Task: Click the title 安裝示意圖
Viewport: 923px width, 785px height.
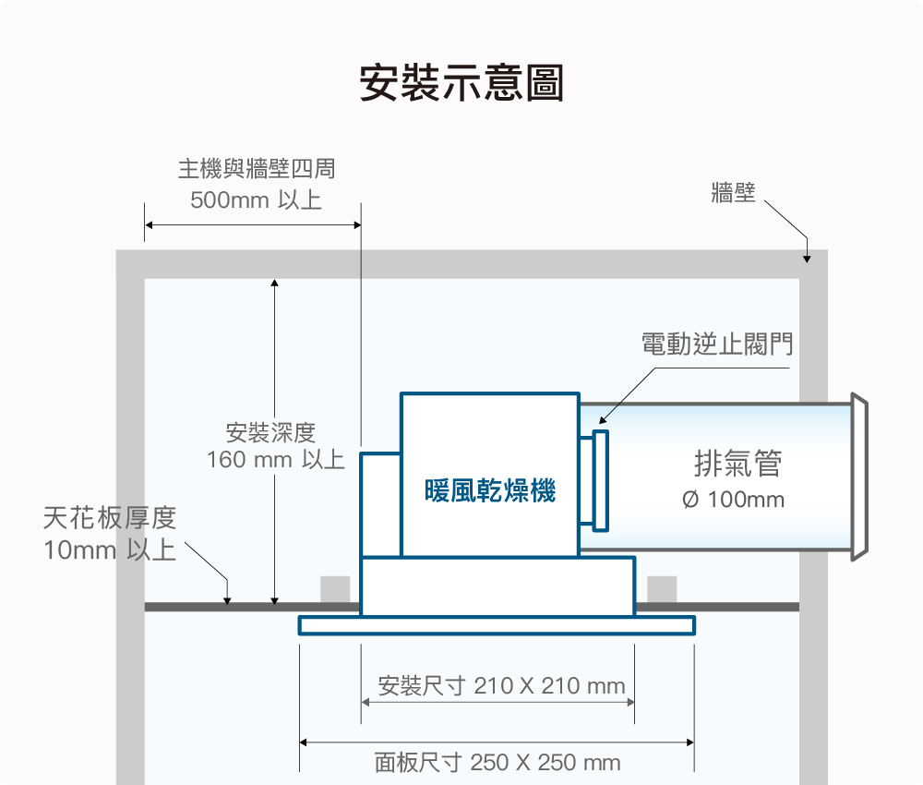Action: (462, 83)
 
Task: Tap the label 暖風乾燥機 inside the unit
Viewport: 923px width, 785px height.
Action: (490, 490)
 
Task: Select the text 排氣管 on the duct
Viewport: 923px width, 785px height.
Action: (737, 463)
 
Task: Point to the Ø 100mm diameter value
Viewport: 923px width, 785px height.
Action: (733, 500)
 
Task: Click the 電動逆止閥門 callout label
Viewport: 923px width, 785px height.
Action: (717, 344)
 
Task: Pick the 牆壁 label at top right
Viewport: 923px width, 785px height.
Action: (733, 193)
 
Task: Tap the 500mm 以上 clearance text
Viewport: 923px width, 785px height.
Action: (256, 200)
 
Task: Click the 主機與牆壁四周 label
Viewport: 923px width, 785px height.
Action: (257, 169)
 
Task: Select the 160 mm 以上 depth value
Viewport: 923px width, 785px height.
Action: (275, 459)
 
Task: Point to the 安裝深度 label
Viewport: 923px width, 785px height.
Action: (270, 433)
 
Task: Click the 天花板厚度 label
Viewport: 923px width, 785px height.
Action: (110, 518)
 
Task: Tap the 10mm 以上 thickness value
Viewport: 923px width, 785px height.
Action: (110, 550)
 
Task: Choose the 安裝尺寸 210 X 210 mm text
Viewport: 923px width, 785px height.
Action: (501, 685)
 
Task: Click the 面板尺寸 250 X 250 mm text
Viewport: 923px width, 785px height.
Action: (497, 763)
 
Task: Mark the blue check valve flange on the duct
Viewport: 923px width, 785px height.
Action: (600, 480)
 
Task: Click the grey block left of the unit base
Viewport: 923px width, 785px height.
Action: (335, 589)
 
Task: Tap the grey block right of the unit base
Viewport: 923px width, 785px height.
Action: (662, 589)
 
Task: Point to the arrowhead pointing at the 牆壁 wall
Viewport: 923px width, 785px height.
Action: (807, 259)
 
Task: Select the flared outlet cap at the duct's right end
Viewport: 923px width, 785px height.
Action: (859, 477)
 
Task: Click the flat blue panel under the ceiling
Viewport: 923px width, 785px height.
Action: (497, 625)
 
